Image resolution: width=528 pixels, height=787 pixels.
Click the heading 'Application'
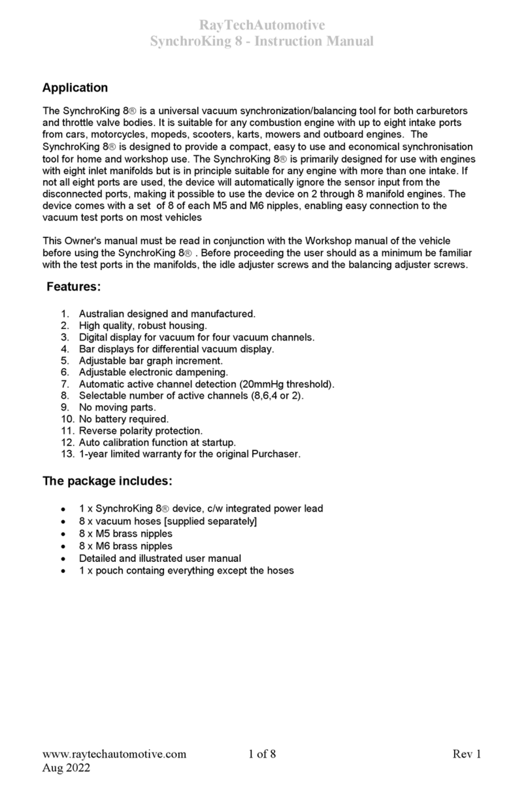75,87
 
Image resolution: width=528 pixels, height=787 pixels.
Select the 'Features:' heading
73,286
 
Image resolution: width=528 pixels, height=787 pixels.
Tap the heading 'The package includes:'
107,482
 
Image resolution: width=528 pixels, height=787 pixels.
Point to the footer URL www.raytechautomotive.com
114,755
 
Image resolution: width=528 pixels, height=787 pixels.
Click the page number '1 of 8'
263,755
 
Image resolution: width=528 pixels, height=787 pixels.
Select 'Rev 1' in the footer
467,755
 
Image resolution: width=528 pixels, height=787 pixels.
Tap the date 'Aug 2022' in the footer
66,768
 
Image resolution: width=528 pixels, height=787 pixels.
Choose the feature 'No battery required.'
124,419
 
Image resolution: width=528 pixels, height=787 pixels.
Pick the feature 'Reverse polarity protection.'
141,431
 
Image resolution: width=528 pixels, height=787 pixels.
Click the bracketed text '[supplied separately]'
213,521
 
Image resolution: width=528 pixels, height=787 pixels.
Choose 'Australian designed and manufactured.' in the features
167,314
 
